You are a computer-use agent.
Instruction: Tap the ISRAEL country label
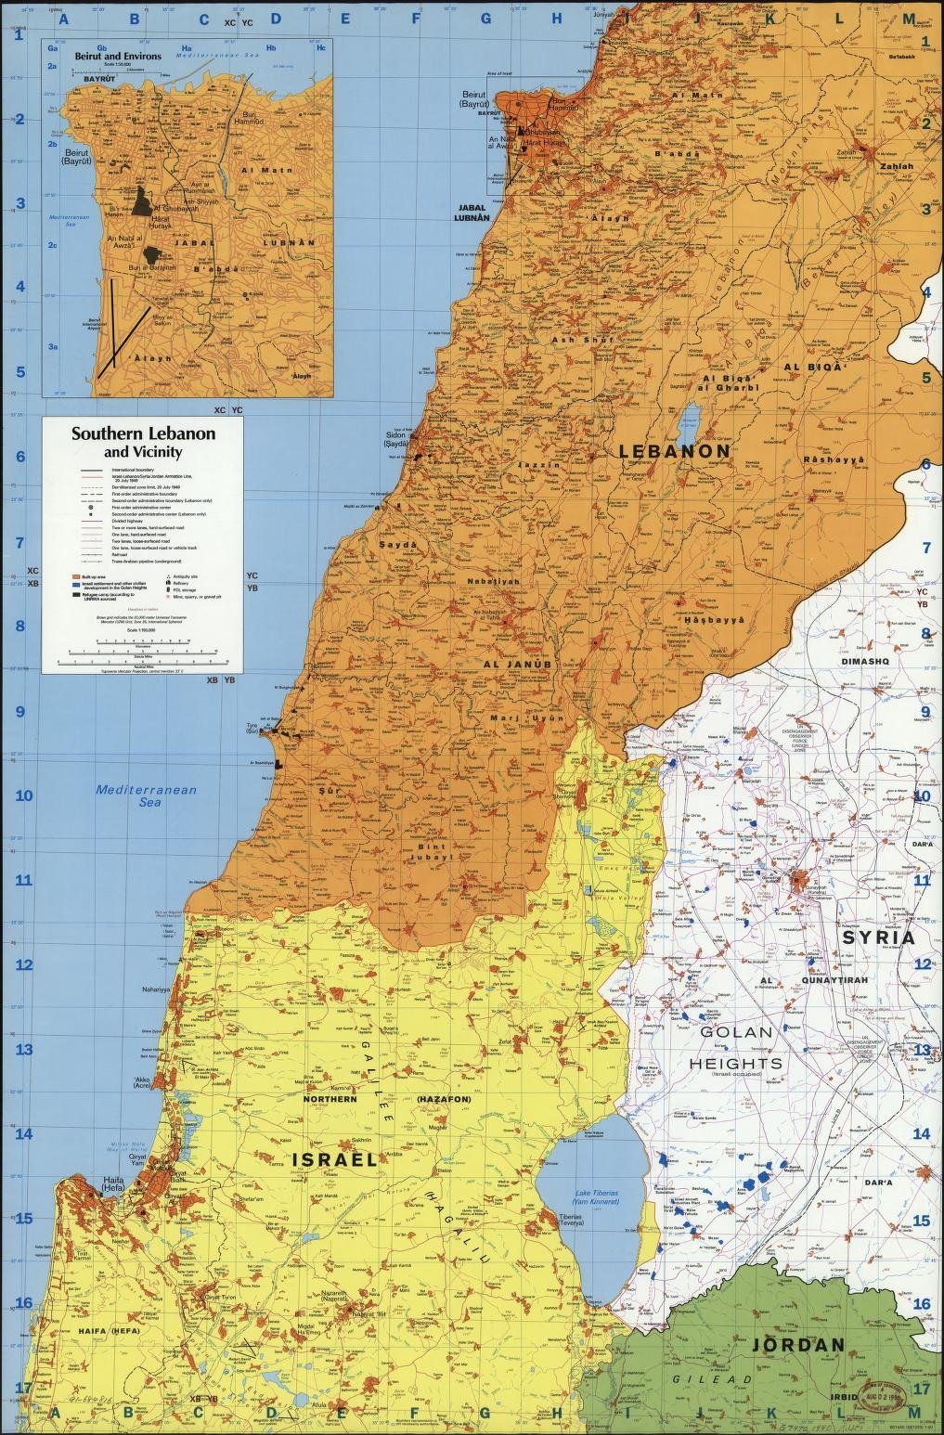[335, 1160]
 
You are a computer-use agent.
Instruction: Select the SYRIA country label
[878, 937]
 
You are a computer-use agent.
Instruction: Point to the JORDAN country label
[798, 1345]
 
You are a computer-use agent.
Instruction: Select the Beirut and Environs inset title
[118, 56]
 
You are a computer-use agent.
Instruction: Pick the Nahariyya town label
[155, 990]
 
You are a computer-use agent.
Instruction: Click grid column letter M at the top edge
[907, 18]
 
